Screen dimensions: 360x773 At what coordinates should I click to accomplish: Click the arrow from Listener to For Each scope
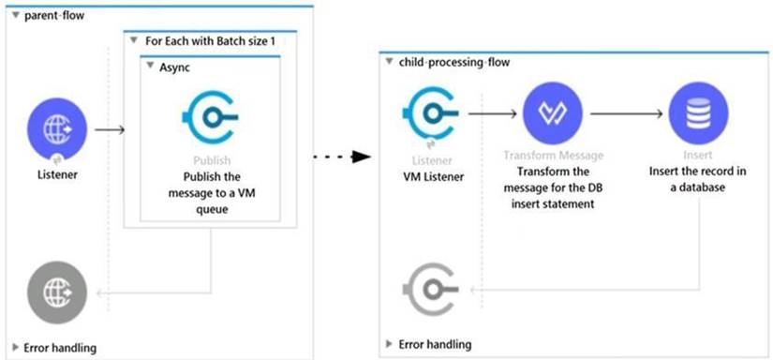[110, 128]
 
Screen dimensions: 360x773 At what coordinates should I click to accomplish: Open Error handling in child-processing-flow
[428, 344]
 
